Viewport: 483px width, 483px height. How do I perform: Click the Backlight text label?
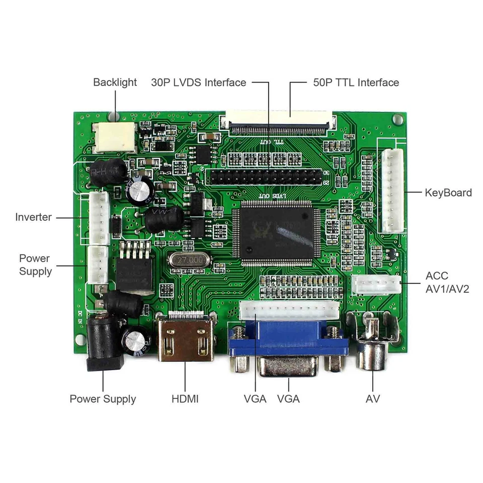click(115, 82)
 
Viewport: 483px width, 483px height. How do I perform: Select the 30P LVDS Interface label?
click(198, 82)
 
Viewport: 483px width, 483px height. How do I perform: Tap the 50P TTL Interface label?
click(356, 82)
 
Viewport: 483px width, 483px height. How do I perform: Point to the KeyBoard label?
click(448, 192)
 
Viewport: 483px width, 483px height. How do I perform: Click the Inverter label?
click(33, 217)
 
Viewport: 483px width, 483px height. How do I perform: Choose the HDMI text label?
click(185, 399)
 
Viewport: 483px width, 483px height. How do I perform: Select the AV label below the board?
click(373, 399)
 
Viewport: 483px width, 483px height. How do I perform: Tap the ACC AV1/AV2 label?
click(447, 282)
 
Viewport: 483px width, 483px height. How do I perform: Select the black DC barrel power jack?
click(104, 345)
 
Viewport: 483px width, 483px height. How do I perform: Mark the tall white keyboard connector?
click(392, 191)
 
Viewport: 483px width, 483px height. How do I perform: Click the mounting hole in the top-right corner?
click(397, 120)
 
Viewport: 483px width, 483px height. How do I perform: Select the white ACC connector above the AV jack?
click(376, 285)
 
